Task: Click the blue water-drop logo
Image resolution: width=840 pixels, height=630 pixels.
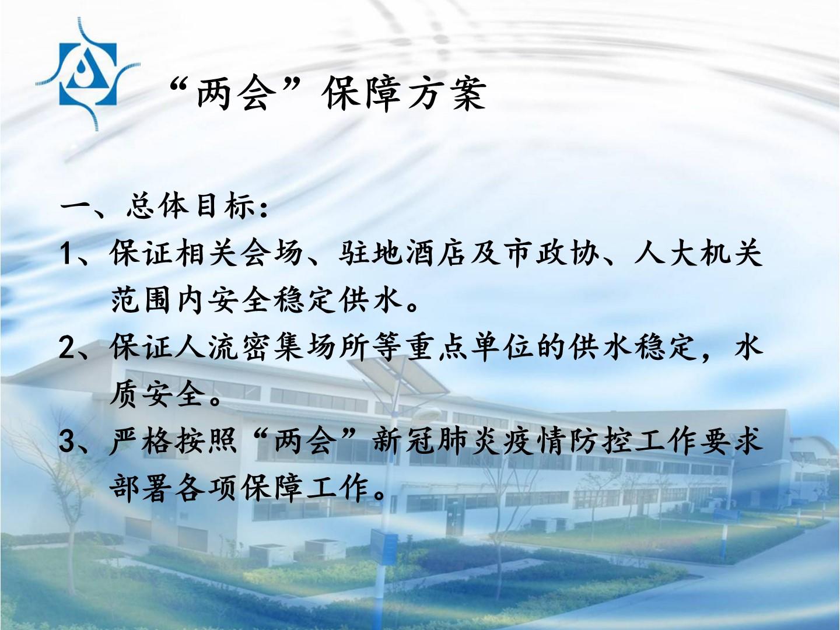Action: tap(87, 74)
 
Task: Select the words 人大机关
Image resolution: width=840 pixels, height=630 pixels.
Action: tap(698, 254)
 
